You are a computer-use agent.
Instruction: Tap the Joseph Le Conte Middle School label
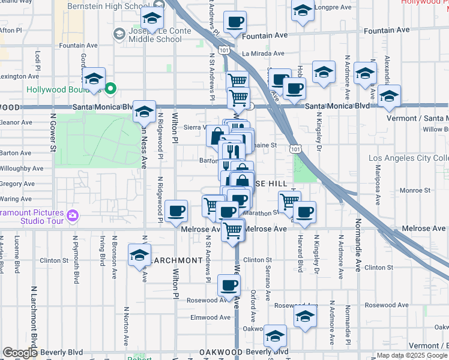pos(155,35)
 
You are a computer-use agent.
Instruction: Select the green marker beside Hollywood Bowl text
pos(110,90)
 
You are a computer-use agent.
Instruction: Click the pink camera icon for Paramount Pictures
pos(73,215)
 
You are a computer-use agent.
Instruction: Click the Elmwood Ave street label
pos(210,317)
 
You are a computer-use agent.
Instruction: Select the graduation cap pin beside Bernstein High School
pos(152,18)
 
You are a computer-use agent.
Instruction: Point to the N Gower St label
pos(53,131)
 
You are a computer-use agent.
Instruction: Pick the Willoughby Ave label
pos(22,169)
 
